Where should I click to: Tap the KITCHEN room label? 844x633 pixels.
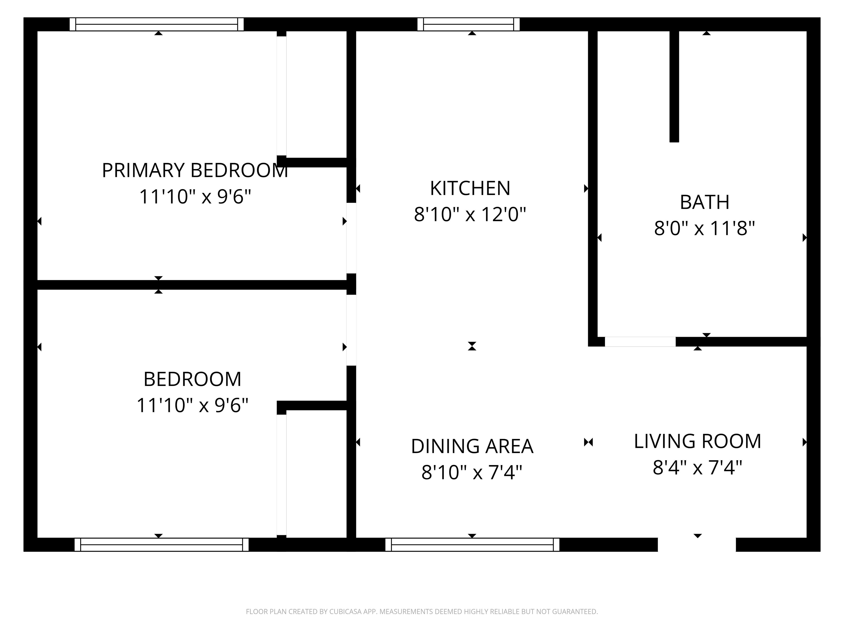[x=470, y=188]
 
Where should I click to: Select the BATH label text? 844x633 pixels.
[x=704, y=202]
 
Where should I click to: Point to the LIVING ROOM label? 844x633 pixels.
[x=697, y=442]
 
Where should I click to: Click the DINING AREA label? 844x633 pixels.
[x=472, y=446]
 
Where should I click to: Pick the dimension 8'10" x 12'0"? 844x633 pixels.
[x=470, y=214]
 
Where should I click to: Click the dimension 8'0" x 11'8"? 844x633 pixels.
[x=704, y=229]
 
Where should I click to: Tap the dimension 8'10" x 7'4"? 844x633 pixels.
[x=472, y=472]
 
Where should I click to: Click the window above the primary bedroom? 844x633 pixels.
[x=156, y=24]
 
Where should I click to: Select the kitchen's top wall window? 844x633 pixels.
[x=468, y=24]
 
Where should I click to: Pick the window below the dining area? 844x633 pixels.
[x=472, y=545]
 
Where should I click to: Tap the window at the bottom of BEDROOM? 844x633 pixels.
[x=161, y=545]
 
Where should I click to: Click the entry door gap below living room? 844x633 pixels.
[x=696, y=545]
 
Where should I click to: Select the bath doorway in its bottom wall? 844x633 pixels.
[x=640, y=342]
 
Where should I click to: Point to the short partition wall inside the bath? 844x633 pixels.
[x=674, y=86]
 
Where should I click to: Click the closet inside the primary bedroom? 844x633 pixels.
[x=316, y=93]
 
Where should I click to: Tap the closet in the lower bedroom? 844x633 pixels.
[x=316, y=473]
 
